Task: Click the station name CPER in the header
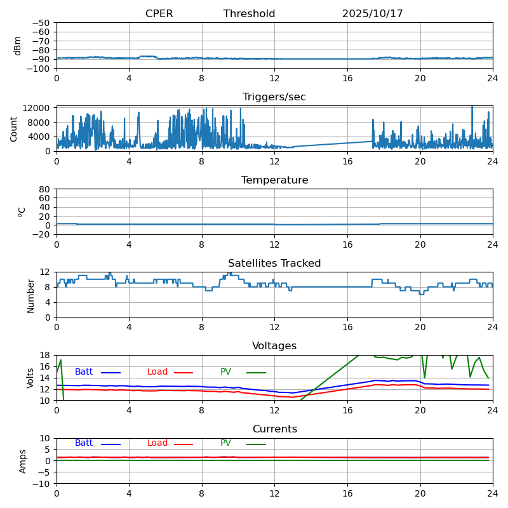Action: click(159, 14)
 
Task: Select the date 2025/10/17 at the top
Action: click(372, 14)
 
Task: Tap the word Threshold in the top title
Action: click(249, 14)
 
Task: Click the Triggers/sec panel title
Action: click(274, 97)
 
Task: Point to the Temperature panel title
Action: click(274, 180)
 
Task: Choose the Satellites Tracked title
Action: click(274, 264)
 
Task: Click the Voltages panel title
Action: click(274, 346)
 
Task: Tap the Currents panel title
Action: click(274, 429)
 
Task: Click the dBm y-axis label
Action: click(18, 46)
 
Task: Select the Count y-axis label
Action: click(14, 128)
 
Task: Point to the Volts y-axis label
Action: click(30, 378)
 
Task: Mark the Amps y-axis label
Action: click(23, 461)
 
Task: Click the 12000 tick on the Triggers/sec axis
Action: click(37, 109)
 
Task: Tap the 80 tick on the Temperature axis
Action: click(45, 189)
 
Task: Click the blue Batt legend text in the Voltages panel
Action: click(84, 372)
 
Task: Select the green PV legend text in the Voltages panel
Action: click(225, 372)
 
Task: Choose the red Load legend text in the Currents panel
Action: click(157, 443)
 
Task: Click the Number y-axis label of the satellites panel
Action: click(30, 295)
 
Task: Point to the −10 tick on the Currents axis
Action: click(42, 484)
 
